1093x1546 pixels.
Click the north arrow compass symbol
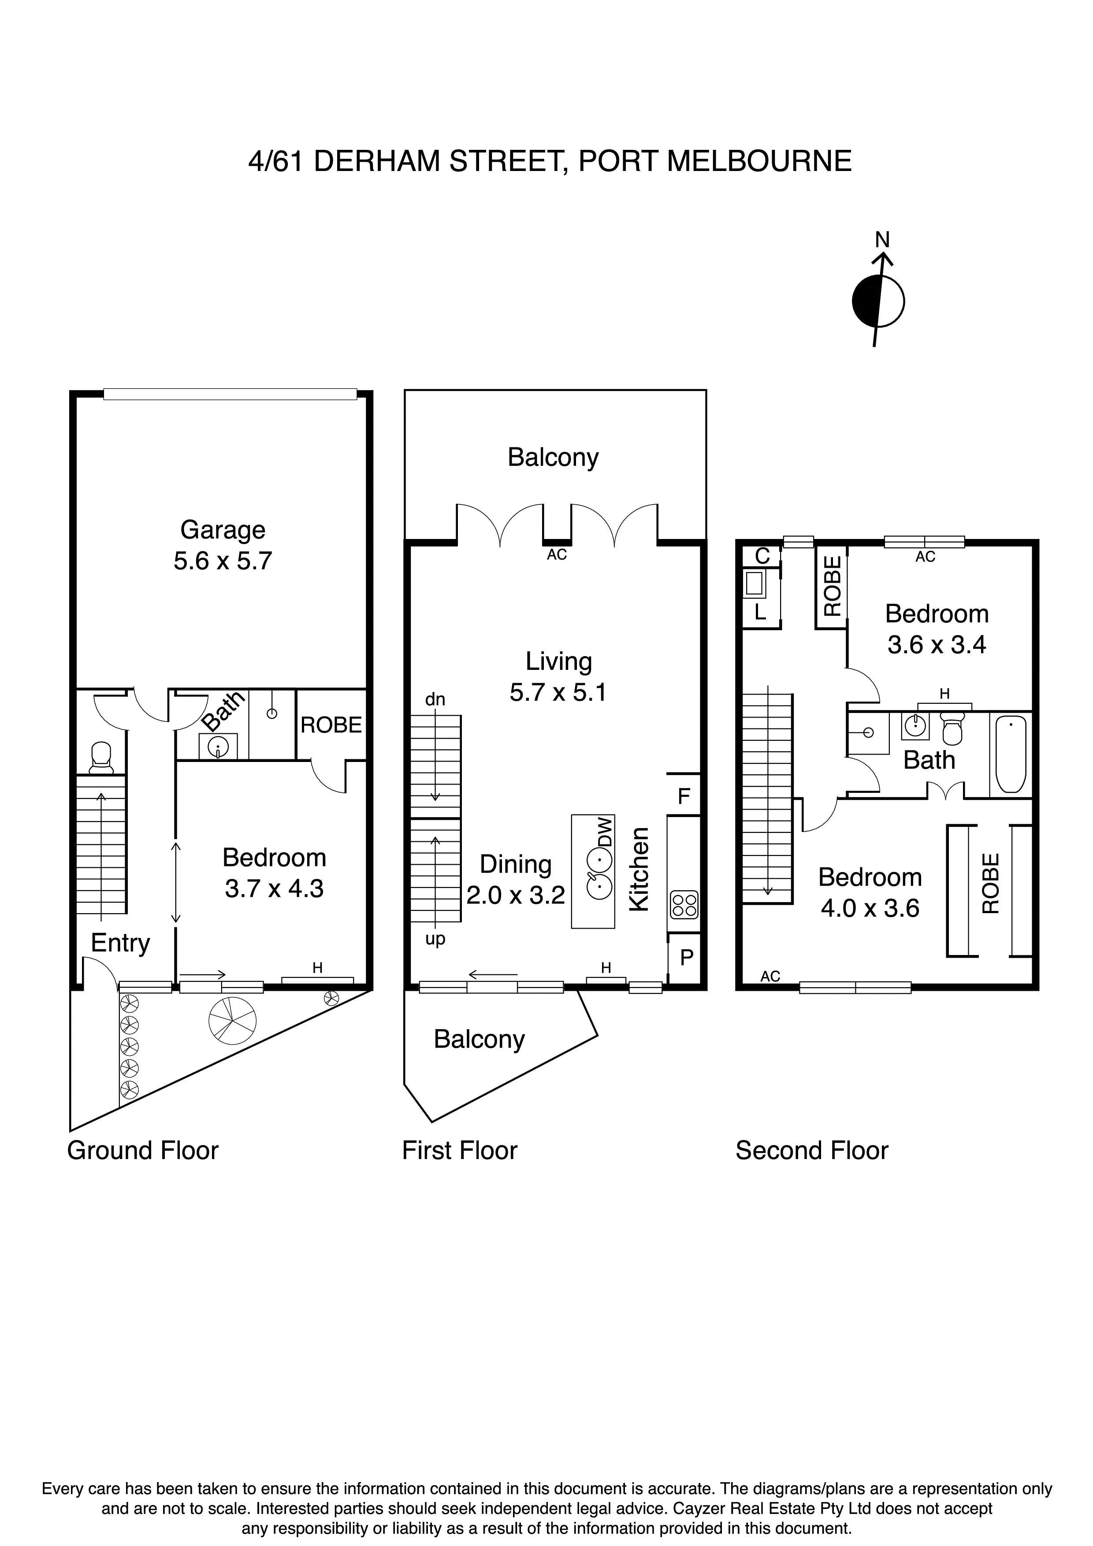(878, 301)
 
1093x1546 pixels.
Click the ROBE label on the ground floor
(331, 725)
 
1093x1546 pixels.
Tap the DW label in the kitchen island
(606, 832)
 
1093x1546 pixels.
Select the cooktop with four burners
(684, 904)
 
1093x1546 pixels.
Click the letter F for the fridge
(684, 796)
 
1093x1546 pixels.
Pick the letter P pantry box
(686, 957)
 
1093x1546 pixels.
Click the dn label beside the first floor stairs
(435, 699)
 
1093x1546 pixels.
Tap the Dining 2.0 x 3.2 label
(516, 879)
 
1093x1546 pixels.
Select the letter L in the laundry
(760, 612)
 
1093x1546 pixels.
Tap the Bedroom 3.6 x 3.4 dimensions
(936, 645)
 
